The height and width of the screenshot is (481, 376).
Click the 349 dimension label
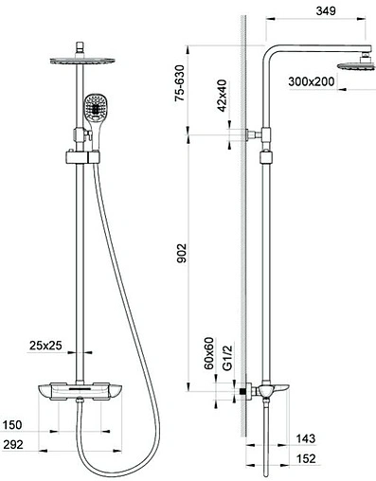[326, 10]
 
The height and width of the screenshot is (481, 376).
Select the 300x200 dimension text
[311, 81]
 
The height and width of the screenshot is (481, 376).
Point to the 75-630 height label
[180, 83]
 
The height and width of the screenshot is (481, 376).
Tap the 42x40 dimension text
[223, 96]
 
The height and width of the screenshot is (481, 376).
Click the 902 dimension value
[182, 253]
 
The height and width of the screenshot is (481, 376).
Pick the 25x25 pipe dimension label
[45, 346]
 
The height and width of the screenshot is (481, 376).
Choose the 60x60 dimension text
[209, 353]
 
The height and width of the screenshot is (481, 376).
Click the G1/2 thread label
[227, 357]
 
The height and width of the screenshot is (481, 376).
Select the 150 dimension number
[12, 425]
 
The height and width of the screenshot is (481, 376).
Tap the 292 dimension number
[13, 444]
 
